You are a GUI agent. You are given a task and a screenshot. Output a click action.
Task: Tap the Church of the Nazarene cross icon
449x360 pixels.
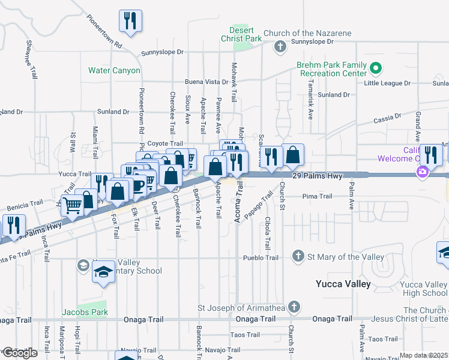[x=280, y=46]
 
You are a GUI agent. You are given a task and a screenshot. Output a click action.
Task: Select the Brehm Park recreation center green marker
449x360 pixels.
[x=376, y=68]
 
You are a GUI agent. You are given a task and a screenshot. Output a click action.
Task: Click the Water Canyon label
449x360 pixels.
[x=114, y=70]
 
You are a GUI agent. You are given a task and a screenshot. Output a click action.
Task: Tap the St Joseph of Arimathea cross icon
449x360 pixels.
[x=293, y=307]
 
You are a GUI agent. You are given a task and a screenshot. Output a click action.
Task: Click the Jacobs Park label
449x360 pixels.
[x=85, y=312]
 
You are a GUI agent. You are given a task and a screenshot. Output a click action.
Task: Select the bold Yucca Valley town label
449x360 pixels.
[x=343, y=284]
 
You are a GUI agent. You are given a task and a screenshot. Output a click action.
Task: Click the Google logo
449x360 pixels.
[x=19, y=353]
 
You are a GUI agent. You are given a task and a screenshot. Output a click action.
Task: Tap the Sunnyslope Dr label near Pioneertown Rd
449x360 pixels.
[x=162, y=53]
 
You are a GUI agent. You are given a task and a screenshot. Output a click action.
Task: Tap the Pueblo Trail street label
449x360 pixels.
[x=261, y=257]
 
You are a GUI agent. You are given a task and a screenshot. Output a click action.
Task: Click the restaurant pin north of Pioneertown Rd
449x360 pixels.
[x=130, y=20]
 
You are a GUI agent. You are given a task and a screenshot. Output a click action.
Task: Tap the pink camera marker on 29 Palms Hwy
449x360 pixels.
[x=422, y=173]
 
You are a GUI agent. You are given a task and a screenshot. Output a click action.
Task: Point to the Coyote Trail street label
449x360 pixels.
[x=164, y=143]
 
